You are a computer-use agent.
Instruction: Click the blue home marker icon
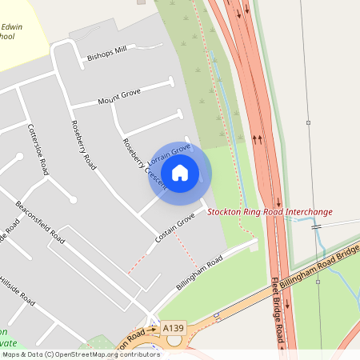tap(180, 172)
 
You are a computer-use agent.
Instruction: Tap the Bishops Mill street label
tap(106, 53)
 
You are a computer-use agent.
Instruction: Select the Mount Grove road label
tap(118, 97)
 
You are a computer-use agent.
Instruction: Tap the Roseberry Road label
tap(83, 145)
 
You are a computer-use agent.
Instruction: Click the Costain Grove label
tap(175, 228)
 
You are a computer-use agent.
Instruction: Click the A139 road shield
tap(173, 329)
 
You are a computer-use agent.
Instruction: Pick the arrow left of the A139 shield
tap(152, 330)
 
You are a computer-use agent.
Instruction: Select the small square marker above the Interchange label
tap(308, 123)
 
